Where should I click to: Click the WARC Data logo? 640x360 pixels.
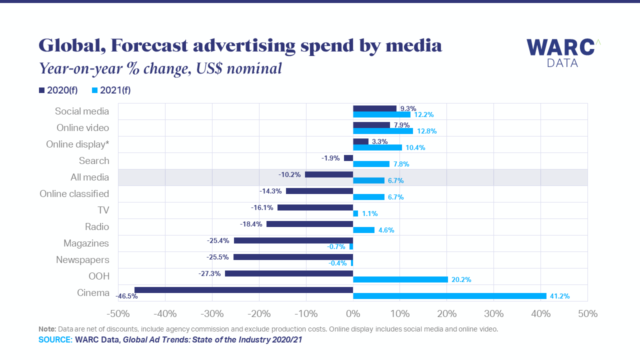(563, 52)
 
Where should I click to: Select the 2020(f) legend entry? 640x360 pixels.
(58, 90)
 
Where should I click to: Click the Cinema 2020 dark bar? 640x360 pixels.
(243, 290)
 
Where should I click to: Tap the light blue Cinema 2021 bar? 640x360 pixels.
(449, 296)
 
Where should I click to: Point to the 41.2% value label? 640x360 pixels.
(560, 296)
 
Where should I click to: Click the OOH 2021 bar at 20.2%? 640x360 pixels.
(400, 279)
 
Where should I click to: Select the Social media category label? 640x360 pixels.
(82, 111)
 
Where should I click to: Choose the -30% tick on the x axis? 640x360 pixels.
(212, 314)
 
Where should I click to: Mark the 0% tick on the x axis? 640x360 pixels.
(353, 314)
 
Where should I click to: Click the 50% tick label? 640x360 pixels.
(587, 314)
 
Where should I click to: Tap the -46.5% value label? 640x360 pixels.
(126, 296)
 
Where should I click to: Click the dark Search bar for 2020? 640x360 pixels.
(348, 158)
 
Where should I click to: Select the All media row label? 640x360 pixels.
(89, 177)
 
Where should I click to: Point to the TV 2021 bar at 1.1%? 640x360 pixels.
(355, 213)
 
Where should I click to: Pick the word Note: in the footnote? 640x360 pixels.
(47, 329)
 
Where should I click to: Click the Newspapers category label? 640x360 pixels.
(82, 260)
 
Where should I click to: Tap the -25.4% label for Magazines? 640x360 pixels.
(218, 240)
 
